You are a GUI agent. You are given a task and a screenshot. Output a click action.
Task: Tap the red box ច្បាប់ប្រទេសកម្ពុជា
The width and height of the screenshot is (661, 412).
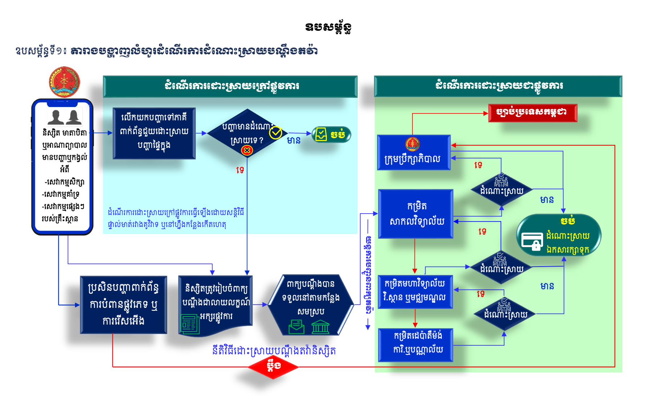click(533, 113)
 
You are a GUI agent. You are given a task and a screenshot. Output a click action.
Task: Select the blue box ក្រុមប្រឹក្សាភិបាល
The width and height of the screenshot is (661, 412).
click(414, 153)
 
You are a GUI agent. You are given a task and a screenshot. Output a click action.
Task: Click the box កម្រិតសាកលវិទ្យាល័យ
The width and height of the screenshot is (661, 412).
click(416, 214)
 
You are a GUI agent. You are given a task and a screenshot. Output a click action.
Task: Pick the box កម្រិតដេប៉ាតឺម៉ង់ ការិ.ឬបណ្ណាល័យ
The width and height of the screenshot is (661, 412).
click(416, 345)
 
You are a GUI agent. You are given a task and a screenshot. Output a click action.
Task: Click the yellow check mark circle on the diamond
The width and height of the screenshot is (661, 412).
click(276, 133)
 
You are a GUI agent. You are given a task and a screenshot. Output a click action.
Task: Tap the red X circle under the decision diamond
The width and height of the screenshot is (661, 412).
click(247, 150)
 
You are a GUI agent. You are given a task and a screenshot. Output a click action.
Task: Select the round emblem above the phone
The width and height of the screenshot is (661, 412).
click(64, 82)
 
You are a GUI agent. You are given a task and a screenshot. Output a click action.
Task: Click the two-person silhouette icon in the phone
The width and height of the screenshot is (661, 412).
click(65, 117)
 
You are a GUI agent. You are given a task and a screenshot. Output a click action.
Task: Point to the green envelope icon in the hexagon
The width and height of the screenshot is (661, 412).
click(296, 326)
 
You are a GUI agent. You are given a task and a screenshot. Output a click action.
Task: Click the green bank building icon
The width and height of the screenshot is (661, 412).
click(320, 327)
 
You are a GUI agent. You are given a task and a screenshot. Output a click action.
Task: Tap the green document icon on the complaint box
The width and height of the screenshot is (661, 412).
click(190, 324)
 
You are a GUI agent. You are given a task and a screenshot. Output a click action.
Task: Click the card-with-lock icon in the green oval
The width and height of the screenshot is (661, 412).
click(532, 241)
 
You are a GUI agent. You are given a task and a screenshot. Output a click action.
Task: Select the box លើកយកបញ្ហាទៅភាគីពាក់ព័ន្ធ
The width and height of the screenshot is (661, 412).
click(154, 133)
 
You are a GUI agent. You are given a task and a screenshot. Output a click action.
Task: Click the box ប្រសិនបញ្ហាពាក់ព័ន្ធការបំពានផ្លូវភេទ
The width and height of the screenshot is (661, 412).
click(124, 305)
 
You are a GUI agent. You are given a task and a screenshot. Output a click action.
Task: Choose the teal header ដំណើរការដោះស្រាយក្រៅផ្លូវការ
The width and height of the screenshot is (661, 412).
click(230, 86)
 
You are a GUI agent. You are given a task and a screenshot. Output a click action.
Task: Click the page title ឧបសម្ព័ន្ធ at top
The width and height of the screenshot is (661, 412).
click(328, 28)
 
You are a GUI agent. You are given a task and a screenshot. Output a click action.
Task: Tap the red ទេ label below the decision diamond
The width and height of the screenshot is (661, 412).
click(240, 170)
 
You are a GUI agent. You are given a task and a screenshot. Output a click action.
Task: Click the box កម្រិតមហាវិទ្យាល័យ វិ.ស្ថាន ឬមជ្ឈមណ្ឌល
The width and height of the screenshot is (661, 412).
click(415, 292)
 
